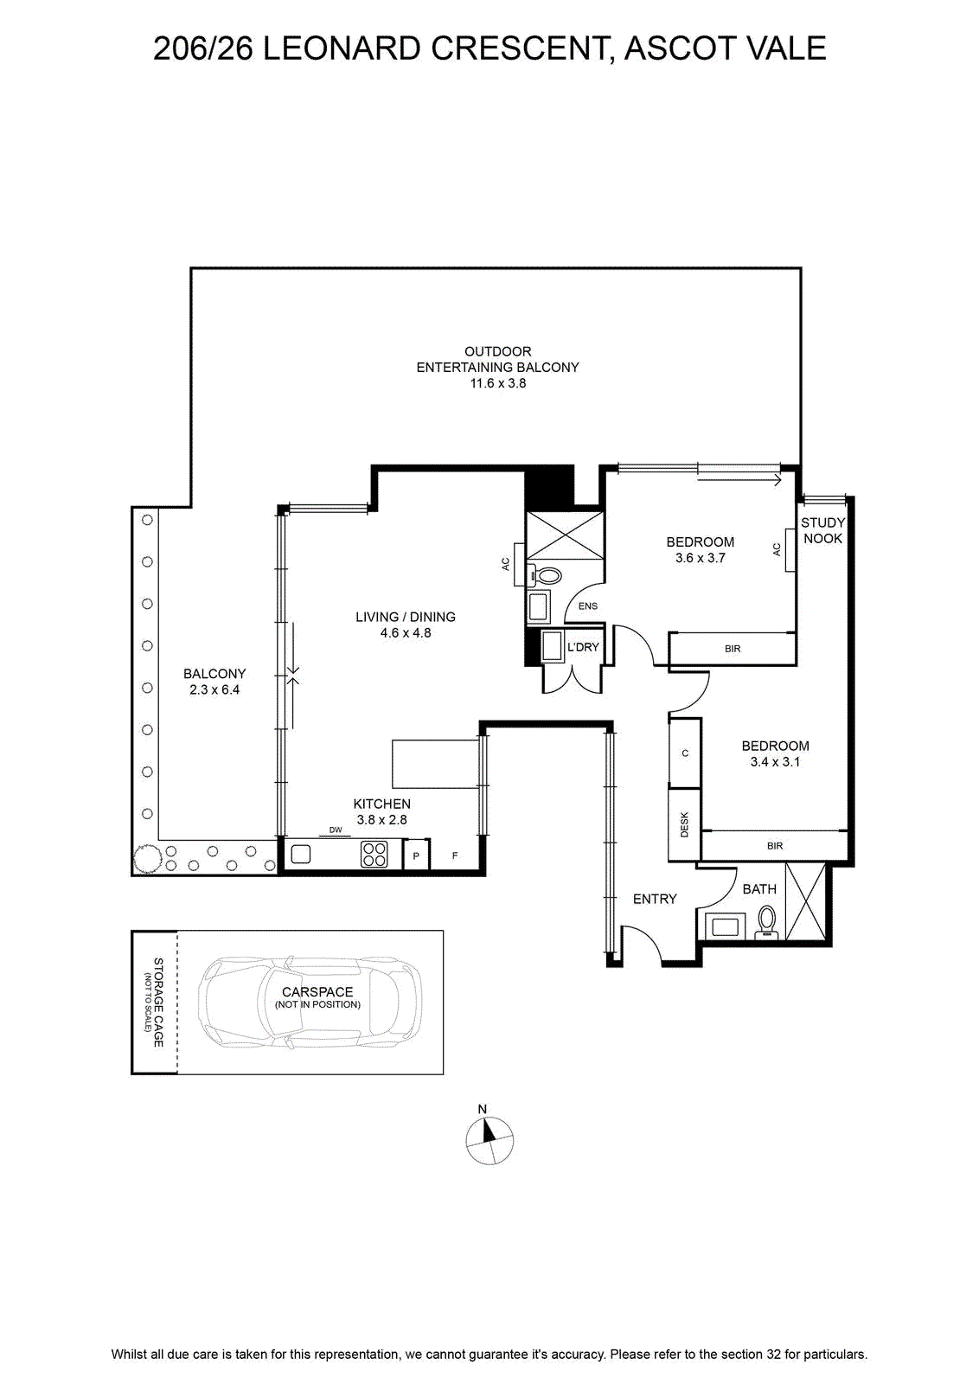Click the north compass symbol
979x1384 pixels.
pyautogui.click(x=489, y=1141)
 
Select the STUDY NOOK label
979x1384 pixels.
pyautogui.click(x=822, y=530)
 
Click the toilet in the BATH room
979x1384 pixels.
pyautogui.click(x=766, y=922)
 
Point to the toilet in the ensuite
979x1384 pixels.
pyautogui.click(x=543, y=576)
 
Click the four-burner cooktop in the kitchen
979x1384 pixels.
pyautogui.click(x=374, y=855)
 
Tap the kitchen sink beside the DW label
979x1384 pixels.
pyautogui.click(x=301, y=854)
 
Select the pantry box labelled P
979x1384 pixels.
pyautogui.click(x=416, y=855)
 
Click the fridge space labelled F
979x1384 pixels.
pyautogui.click(x=455, y=855)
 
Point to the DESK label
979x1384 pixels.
pyautogui.click(x=684, y=824)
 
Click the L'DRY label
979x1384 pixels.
pyautogui.click(x=583, y=647)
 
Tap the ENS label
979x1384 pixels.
pyautogui.click(x=588, y=606)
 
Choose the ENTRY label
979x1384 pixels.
pyautogui.click(x=655, y=899)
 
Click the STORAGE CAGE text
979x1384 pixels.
pyautogui.click(x=158, y=1003)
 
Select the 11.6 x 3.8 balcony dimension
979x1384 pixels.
pyautogui.click(x=498, y=383)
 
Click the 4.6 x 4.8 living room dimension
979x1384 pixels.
pyautogui.click(x=406, y=632)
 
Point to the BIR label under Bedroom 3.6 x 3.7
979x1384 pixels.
pyautogui.click(x=733, y=649)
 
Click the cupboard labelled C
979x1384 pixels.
pyautogui.click(x=685, y=753)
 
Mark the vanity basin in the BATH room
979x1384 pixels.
pyautogui.click(x=725, y=926)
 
